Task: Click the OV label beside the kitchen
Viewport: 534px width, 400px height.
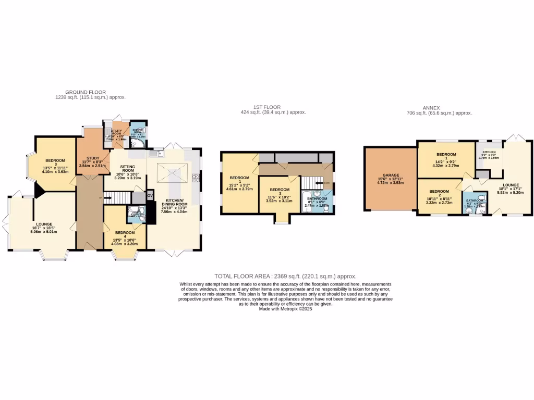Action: [150, 196]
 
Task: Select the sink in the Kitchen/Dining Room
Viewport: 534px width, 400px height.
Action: [155, 153]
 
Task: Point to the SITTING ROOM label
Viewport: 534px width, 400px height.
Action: [128, 168]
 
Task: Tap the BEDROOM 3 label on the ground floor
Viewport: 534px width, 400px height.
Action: [55, 160]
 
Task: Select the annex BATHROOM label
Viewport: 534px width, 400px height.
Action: [475, 201]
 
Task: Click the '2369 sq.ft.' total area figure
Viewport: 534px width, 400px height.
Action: [288, 276]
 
